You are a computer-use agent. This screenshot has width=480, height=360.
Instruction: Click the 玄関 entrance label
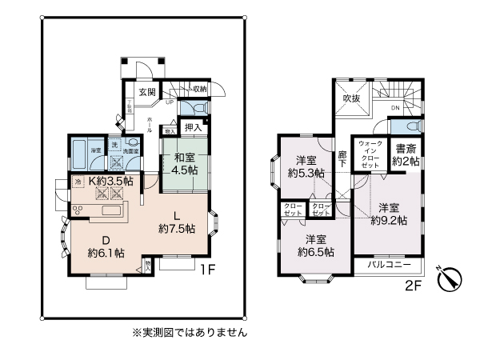pos(146,92)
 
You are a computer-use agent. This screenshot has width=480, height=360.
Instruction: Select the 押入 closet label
pos(193,127)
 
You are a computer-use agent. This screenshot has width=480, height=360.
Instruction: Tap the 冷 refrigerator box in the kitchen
pos(78,182)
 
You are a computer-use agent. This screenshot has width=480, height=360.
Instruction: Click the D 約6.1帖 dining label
pos(105,246)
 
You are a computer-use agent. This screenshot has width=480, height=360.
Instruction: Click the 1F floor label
pos(208,270)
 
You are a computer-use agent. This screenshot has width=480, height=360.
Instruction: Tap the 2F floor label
pos(412,282)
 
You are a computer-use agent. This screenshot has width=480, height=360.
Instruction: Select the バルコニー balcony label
pos(390,264)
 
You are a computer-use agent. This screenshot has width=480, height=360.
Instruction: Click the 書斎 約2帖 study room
pos(406,154)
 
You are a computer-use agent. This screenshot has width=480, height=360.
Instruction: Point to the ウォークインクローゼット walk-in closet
pos(371,154)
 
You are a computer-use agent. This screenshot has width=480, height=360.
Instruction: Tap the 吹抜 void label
pos(352,98)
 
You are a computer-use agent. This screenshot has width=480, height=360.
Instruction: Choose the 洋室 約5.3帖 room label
pos(307,166)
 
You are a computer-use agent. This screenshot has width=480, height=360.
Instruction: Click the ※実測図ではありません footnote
pos(189,331)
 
